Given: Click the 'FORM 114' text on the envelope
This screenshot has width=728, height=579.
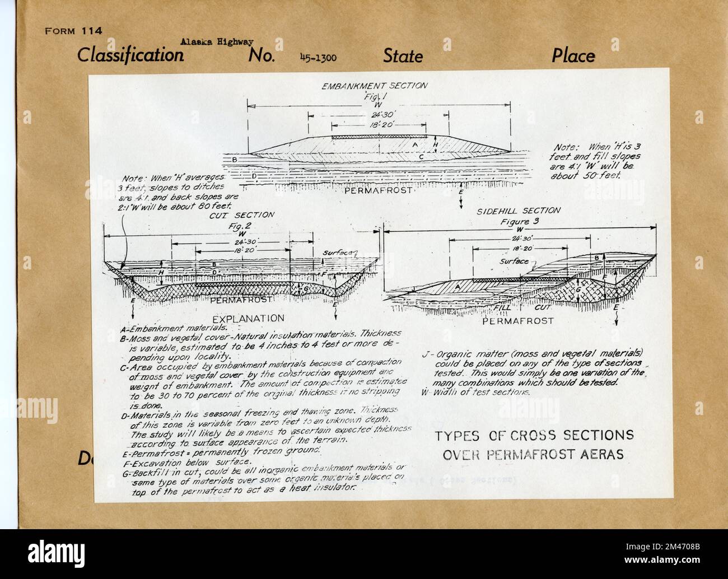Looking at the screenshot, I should [x=73, y=31].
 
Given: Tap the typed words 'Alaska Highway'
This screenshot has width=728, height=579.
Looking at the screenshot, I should [x=217, y=41].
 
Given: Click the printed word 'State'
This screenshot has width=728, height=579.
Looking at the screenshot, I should [x=403, y=56].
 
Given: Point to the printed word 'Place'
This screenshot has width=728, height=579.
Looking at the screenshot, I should [x=573, y=55].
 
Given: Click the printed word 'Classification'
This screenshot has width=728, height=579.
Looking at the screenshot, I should [x=130, y=55].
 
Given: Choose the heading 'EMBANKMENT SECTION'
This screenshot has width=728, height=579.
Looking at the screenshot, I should [x=375, y=86].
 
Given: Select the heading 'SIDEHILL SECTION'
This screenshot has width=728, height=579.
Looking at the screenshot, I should [x=518, y=211].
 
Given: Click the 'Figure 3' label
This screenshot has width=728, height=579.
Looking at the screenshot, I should [x=518, y=221].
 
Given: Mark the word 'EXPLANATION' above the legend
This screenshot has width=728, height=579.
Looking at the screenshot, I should [x=248, y=317].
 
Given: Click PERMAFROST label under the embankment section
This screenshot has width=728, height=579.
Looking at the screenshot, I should [x=379, y=190].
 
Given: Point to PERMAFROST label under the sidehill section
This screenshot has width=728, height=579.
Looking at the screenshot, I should [x=518, y=321].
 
